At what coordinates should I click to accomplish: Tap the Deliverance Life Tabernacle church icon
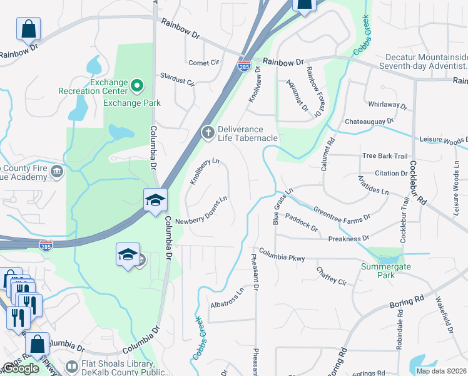[208, 132]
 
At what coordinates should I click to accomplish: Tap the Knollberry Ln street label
[206, 171]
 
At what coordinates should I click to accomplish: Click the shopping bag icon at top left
[29, 28]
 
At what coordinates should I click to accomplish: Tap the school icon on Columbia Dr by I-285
[155, 200]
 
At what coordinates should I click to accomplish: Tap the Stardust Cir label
[178, 82]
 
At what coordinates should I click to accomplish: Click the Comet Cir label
[204, 63]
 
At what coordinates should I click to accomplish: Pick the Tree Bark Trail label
[385, 156]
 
